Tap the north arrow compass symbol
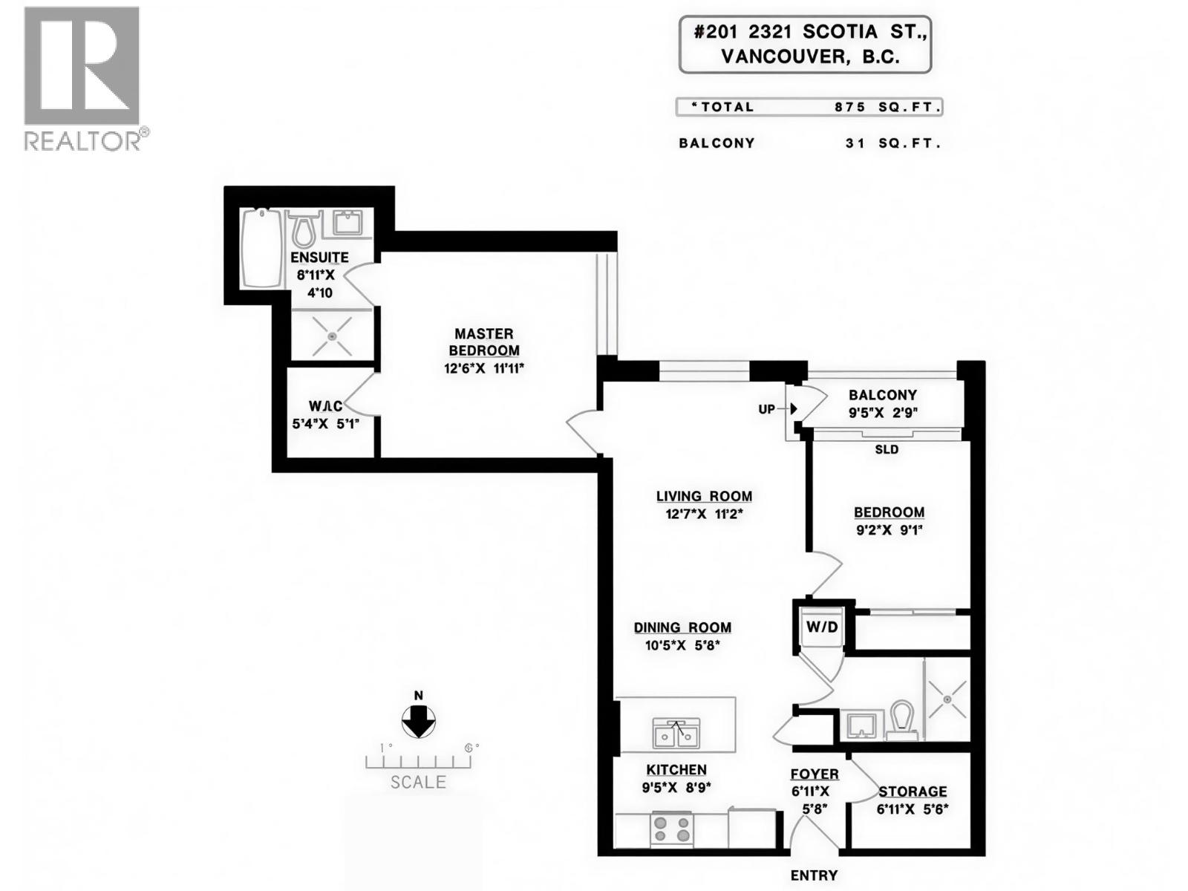tap(419, 721)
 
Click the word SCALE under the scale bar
tap(418, 782)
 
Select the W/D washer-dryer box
tap(821, 627)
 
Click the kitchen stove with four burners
tap(671, 827)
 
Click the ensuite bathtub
tap(261, 247)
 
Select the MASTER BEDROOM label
tap(484, 342)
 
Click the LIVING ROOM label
tap(704, 497)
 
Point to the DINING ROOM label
tap(682, 628)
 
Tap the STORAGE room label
tap(913, 792)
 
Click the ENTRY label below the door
tap(814, 876)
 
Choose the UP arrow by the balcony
tap(793, 408)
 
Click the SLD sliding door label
tap(887, 449)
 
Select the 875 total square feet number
tap(849, 107)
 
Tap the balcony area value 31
tap(855, 143)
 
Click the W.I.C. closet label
tap(325, 406)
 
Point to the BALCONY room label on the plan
tap(883, 395)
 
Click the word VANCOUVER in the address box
tap(783, 57)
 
